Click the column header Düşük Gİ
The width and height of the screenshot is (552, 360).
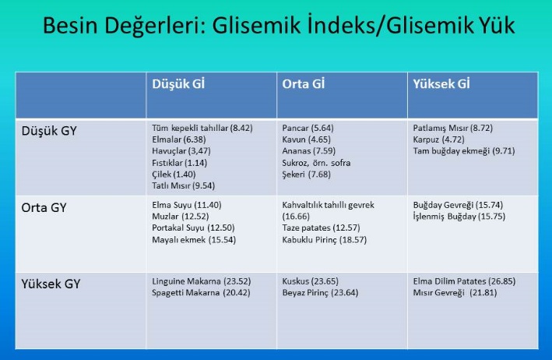[178, 84]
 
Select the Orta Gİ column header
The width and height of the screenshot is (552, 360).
[303, 84]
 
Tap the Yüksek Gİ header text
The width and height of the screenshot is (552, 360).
[441, 84]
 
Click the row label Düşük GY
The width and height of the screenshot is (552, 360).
[49, 131]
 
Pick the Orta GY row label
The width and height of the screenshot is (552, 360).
[44, 208]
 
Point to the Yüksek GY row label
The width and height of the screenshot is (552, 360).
[51, 284]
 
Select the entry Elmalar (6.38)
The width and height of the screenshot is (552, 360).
[179, 139]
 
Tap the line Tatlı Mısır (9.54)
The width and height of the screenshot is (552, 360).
[184, 185]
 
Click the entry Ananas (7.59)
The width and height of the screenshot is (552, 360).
[309, 151]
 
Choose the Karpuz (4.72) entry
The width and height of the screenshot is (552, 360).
[438, 139]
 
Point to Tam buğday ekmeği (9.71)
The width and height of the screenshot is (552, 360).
[464, 151]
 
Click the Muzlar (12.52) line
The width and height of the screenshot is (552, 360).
[181, 217]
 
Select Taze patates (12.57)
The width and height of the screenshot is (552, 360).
[321, 228]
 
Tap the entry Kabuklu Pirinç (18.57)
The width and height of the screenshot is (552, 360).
[324, 240]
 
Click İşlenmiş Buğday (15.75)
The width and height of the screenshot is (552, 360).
[459, 217]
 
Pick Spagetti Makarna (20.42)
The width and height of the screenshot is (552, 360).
[201, 293]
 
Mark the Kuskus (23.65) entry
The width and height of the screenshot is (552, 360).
[310, 281]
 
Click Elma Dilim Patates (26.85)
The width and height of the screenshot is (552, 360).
[464, 281]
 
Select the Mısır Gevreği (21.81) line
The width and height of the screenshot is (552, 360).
[455, 293]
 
